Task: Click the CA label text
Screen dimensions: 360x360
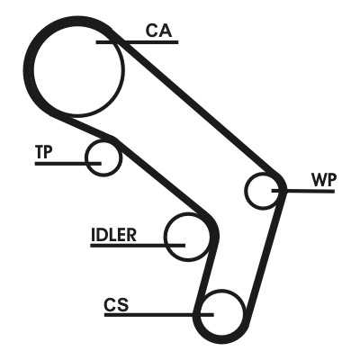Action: coord(159,31)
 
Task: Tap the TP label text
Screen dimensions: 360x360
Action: coord(44,152)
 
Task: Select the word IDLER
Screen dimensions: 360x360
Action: coord(113,235)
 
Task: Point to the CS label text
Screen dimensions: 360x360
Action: coord(116,304)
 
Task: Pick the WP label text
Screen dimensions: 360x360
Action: coord(324,180)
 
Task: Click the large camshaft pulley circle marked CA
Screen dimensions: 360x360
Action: coord(122,72)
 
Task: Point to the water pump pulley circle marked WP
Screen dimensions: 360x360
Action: coord(246,191)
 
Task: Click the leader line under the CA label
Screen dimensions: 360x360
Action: coord(138,42)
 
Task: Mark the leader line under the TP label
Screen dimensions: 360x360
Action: coord(68,164)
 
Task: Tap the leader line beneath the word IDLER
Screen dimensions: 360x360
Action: coord(138,246)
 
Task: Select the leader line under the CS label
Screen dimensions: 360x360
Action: coord(159,315)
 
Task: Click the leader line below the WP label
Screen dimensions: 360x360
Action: coord(303,191)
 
